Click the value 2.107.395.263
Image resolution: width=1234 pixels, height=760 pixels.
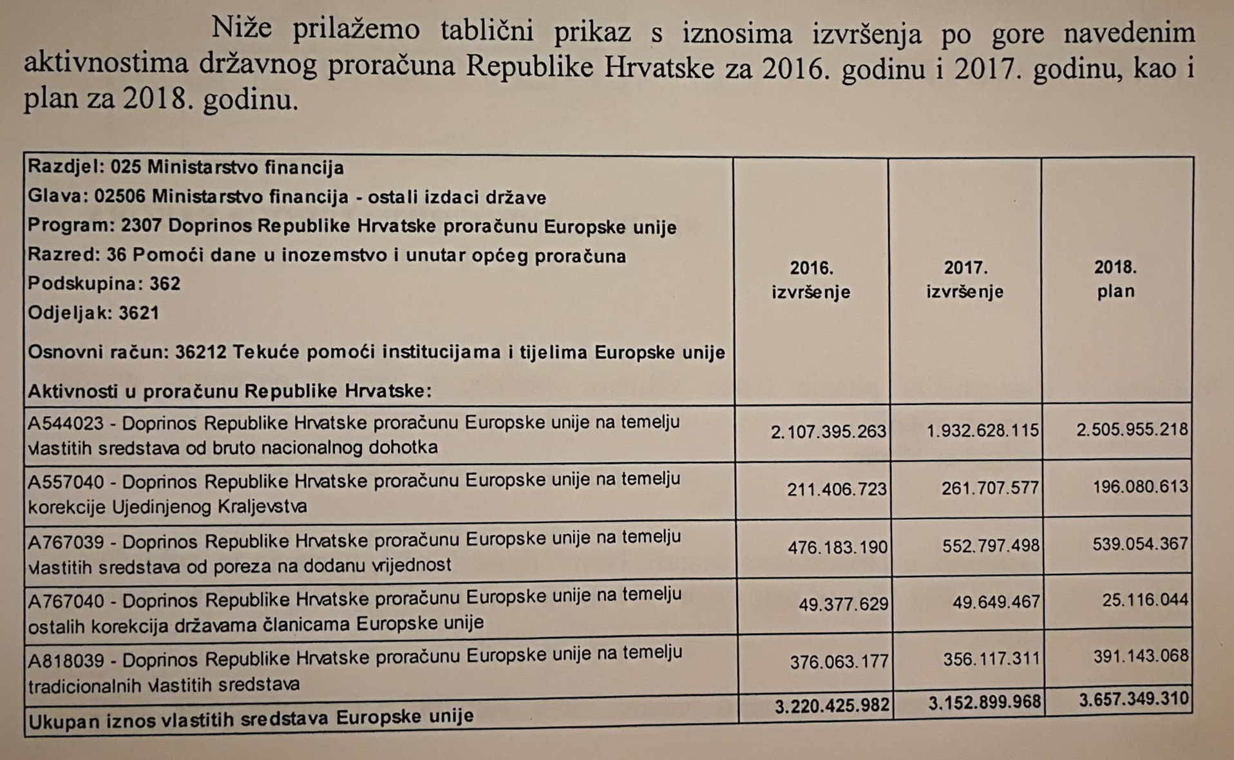pos(828,432)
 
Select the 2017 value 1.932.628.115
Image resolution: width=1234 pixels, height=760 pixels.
pos(982,430)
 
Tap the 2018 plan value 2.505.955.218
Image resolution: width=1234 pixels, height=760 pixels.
pos(1132,429)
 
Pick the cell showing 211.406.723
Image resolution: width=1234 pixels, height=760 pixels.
pos(837,489)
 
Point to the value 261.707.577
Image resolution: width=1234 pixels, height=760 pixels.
pos(990,488)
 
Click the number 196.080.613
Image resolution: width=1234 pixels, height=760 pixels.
pos(1140,486)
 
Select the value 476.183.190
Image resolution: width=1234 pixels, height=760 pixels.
pos(837,547)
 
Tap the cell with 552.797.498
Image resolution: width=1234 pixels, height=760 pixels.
pos(991,546)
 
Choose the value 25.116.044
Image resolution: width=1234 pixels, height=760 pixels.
pos(1144,600)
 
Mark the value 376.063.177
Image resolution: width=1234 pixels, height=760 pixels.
pos(839,662)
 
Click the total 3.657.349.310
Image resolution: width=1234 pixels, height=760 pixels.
pos(1134,699)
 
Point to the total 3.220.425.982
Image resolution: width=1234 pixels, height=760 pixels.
pos(832,706)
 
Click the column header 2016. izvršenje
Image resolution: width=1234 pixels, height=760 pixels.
pos(811,280)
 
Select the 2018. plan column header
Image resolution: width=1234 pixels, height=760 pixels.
pos(1115,279)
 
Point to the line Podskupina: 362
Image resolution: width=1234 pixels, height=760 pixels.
pos(104,284)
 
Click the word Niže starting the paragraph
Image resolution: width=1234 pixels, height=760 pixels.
pos(242,28)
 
